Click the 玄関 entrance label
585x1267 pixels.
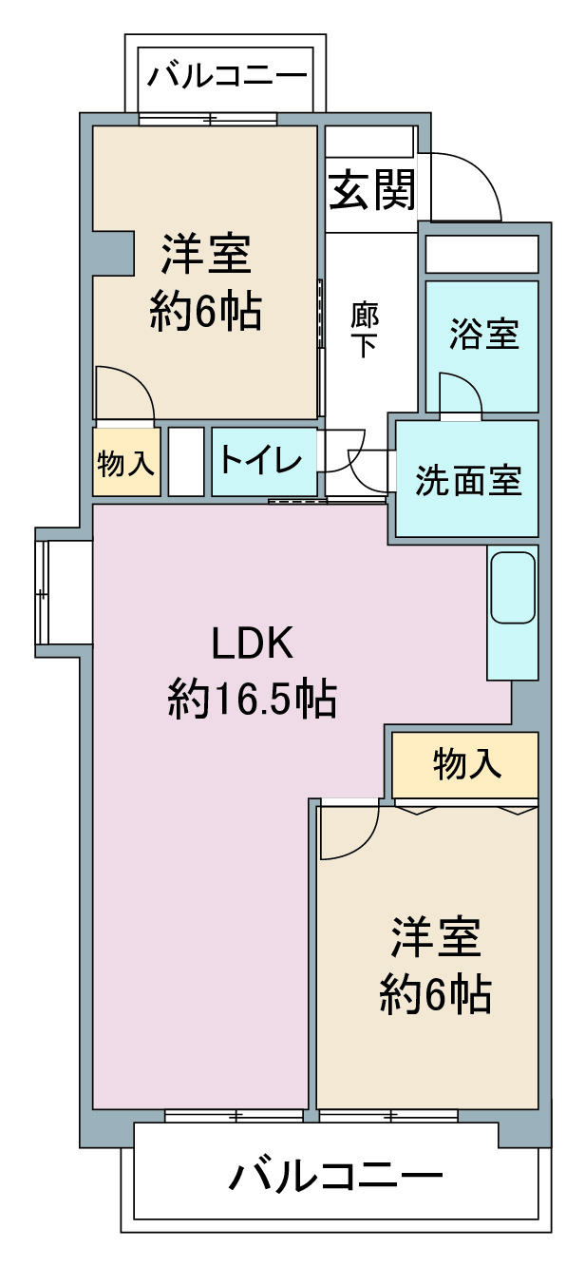[372, 191]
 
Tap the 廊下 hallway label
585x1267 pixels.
[365, 331]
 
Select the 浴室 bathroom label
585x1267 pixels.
[483, 334]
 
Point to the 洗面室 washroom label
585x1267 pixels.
[468, 480]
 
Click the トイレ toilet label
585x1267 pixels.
[260, 460]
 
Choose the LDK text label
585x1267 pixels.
[252, 643]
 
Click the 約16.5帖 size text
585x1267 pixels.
[252, 700]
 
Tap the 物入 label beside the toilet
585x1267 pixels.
[125, 464]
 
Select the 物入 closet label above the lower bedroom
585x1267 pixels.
[467, 764]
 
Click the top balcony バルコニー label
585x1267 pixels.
[227, 76]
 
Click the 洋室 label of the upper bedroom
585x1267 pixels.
[206, 255]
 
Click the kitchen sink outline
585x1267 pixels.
[513, 587]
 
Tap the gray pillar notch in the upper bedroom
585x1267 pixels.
[114, 253]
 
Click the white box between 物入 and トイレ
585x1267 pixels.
[186, 462]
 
